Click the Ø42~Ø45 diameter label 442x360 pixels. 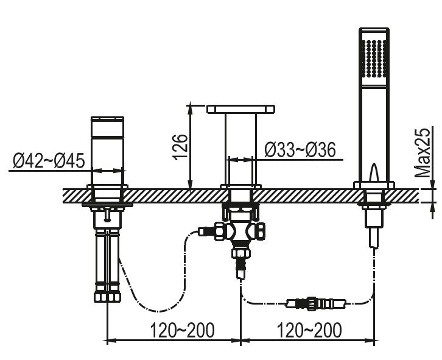point(49,161)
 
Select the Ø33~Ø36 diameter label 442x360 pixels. point(300,149)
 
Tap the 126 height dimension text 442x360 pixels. point(180,147)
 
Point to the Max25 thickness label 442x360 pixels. point(423,153)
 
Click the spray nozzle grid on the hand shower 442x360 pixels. point(374,58)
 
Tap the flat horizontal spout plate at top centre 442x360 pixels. point(240,109)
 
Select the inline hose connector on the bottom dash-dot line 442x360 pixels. point(316,304)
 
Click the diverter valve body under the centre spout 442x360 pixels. point(240,231)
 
